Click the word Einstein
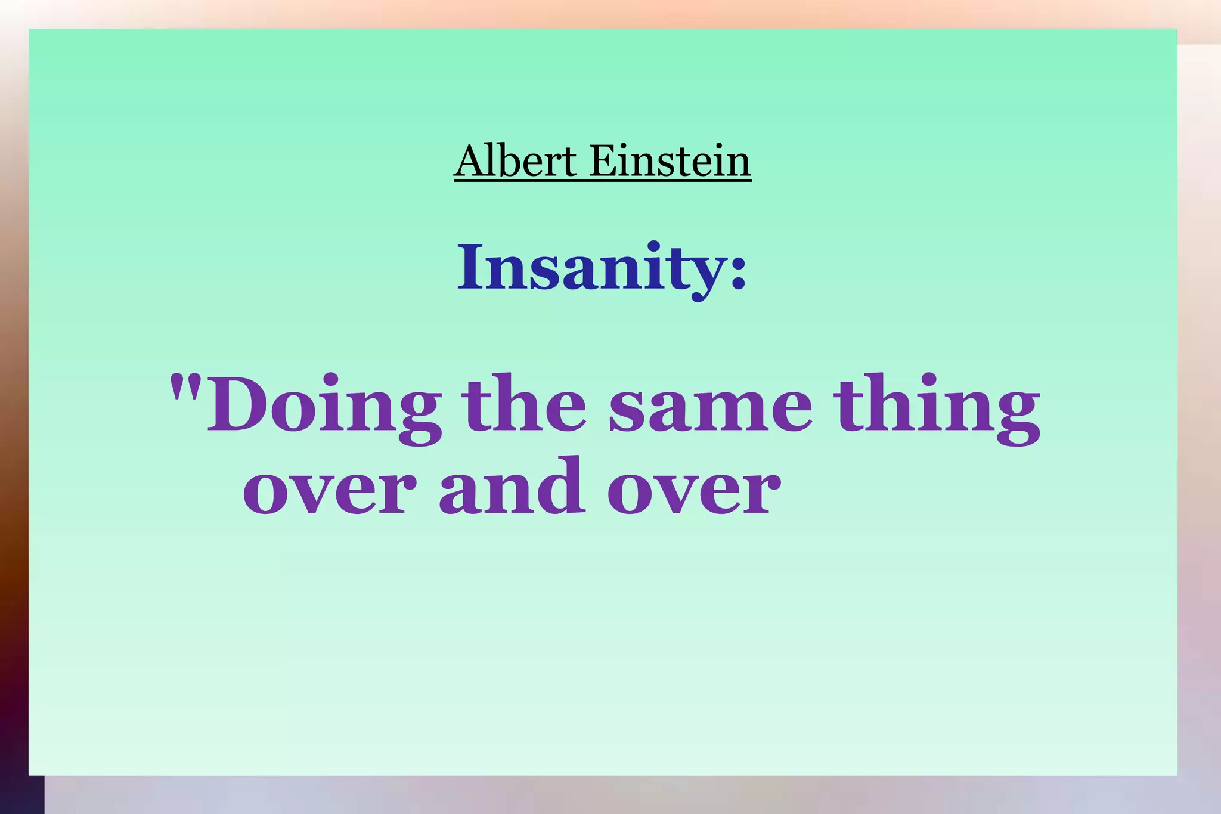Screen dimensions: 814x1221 [x=670, y=161]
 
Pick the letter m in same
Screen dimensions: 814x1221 [x=737, y=411]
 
